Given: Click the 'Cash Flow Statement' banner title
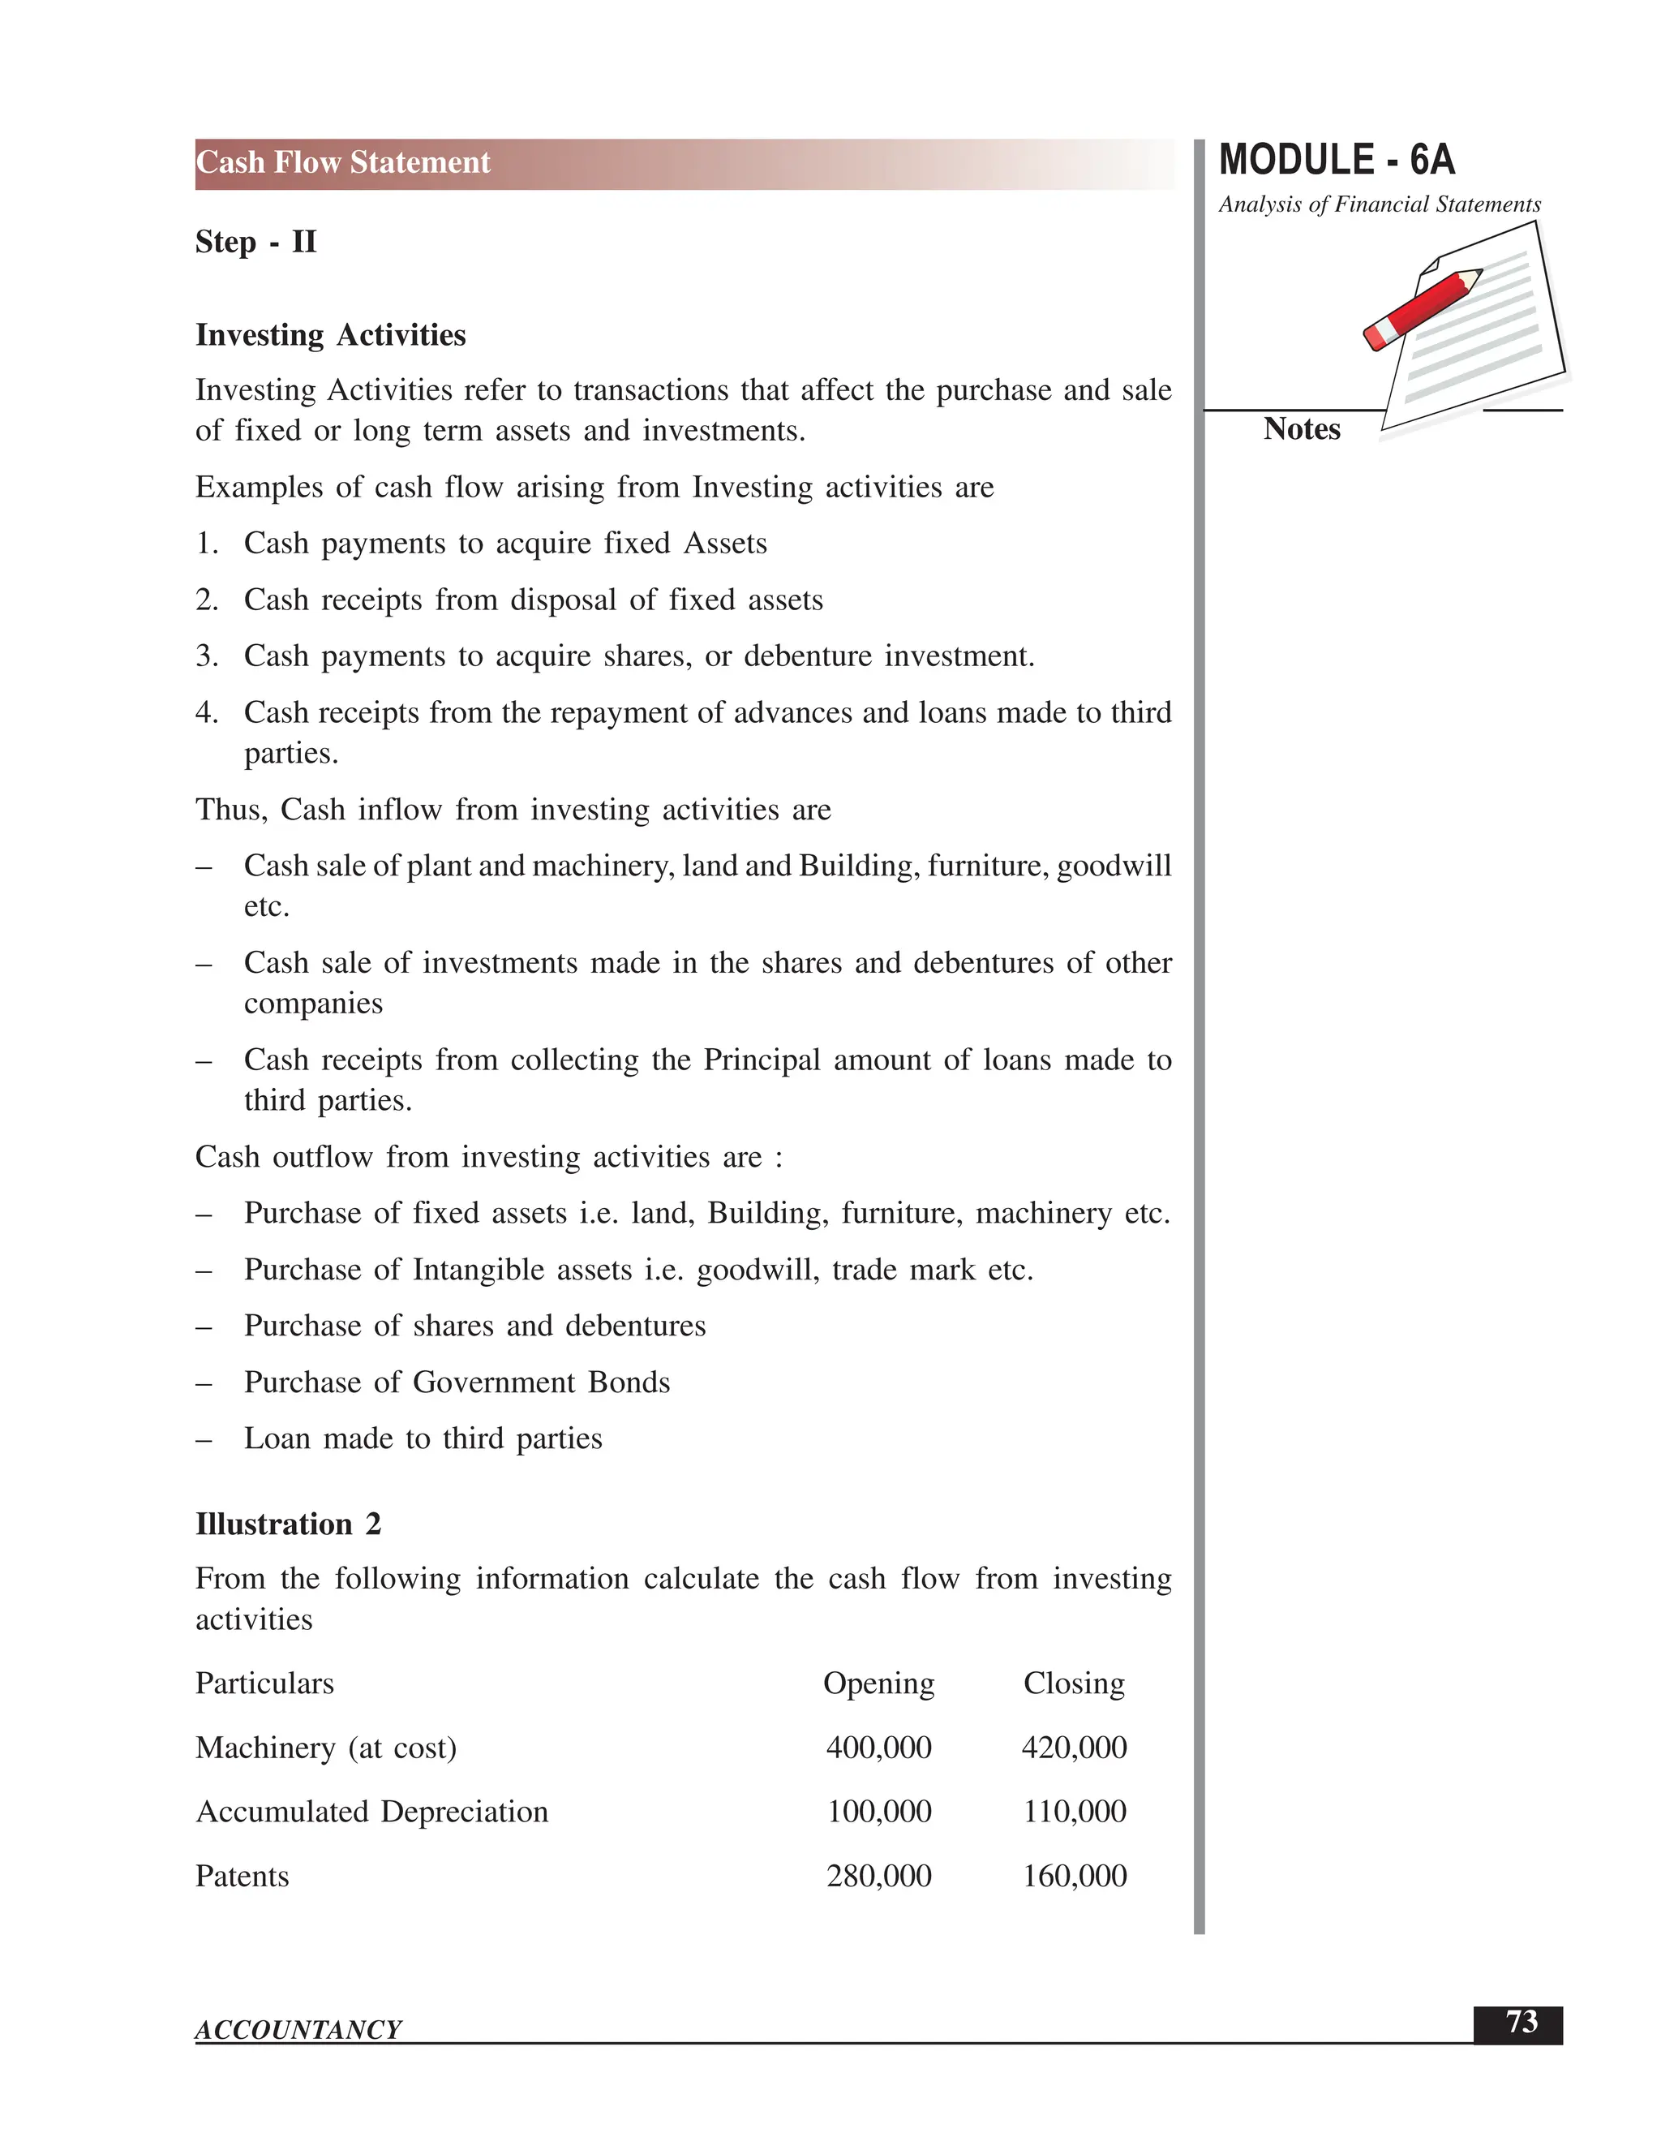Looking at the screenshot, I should [x=342, y=162].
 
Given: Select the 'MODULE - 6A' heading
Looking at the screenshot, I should [x=1337, y=161].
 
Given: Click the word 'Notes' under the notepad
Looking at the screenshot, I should [x=1301, y=429].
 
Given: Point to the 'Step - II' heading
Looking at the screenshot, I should [x=255, y=242].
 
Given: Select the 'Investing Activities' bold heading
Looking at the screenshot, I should [x=331, y=336].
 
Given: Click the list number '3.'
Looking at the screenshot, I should [x=207, y=656].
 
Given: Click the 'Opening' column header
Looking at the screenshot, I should [x=878, y=1683].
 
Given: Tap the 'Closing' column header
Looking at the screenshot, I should [x=1074, y=1683].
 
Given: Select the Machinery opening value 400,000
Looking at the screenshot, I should [x=878, y=1748].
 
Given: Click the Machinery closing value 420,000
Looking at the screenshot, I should [x=1074, y=1748].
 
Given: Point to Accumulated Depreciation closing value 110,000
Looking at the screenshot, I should [x=1074, y=1812].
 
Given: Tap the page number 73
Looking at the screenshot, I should [x=1522, y=2022].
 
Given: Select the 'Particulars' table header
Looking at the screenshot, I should [x=264, y=1683].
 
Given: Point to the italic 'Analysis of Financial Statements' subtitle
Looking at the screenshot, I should [x=1379, y=204].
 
